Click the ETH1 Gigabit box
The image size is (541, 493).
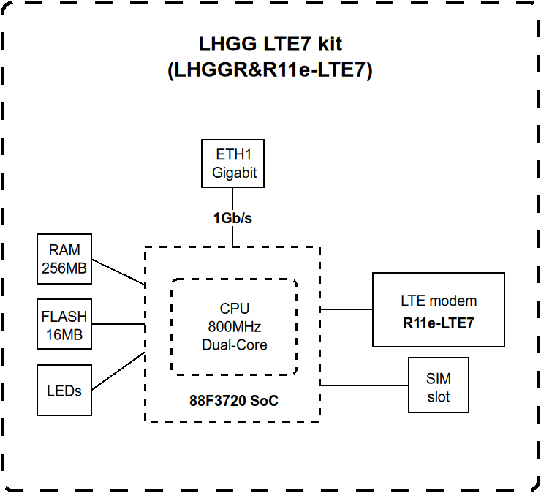point(233,163)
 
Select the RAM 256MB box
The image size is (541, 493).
point(64,259)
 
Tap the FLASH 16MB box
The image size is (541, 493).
point(64,324)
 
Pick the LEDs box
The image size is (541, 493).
point(64,390)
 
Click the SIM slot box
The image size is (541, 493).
point(439,385)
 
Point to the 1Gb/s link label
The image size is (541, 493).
point(232,218)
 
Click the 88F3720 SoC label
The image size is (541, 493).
point(234,401)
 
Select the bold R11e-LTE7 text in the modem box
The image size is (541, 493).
point(439,323)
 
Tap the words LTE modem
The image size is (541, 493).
point(439,301)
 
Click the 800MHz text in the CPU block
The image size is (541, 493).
point(235,327)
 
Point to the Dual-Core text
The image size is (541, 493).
point(235,345)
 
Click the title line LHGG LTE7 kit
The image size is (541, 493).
point(270,44)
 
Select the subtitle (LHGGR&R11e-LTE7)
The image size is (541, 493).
point(270,70)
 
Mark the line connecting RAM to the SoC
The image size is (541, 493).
point(118,272)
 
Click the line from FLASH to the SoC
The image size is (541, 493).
point(118,324)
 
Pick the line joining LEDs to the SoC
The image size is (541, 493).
point(118,371)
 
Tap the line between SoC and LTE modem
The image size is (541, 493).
point(347,309)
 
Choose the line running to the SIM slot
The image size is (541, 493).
point(364,385)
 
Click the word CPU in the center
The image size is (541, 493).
point(235,308)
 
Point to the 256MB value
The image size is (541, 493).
point(64,268)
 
